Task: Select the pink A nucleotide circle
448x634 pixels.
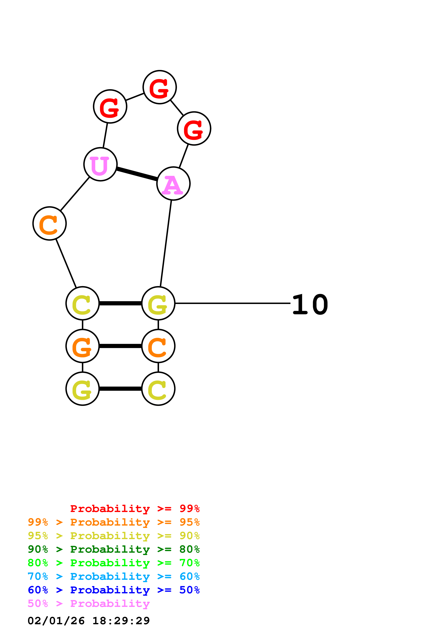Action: click(x=173, y=184)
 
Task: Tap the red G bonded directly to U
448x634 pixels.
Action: click(x=110, y=106)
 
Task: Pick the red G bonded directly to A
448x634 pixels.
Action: click(x=194, y=128)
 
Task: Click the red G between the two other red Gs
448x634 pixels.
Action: click(x=160, y=87)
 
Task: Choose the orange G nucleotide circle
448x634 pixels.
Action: click(x=82, y=346)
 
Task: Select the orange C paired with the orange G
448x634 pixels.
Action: click(x=158, y=346)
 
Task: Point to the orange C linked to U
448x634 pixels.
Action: click(x=49, y=223)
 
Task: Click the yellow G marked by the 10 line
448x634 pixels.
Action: click(x=158, y=303)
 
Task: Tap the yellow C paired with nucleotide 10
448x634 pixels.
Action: click(x=82, y=303)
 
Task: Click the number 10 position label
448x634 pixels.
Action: click(x=310, y=305)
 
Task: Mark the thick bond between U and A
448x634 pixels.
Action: click(x=137, y=174)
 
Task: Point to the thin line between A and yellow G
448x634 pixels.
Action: click(x=166, y=243)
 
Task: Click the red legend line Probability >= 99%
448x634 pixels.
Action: click(x=135, y=508)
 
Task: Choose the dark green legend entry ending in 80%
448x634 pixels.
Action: click(x=113, y=549)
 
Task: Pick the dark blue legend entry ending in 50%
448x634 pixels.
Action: click(x=113, y=590)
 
